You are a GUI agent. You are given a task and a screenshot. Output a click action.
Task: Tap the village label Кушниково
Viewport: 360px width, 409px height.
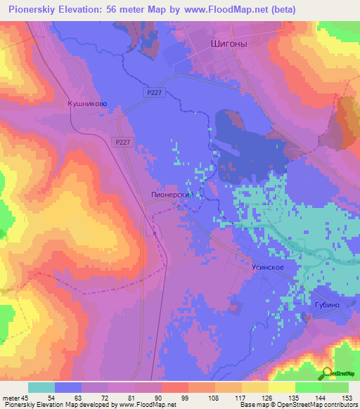pyautogui.click(x=87, y=103)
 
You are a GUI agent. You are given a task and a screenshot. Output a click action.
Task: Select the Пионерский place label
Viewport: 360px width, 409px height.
pyautogui.click(x=172, y=195)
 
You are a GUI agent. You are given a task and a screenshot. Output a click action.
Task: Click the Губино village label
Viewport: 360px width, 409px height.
pyautogui.click(x=322, y=305)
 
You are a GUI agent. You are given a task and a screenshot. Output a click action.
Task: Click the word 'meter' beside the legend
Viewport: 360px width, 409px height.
pyautogui.click(x=11, y=397)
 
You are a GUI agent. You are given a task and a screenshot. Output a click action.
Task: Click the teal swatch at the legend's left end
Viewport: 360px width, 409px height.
pyautogui.click(x=41, y=387)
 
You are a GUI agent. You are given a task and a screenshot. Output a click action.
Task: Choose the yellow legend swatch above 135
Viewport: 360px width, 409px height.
pyautogui.click(x=281, y=387)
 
